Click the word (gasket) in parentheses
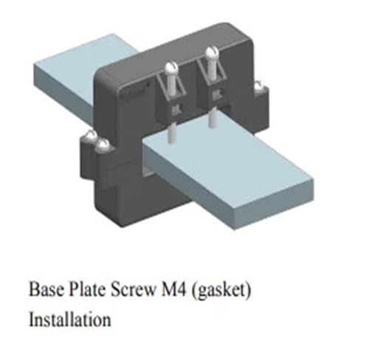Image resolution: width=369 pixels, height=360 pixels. point(221,290)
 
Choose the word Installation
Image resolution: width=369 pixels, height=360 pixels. point(70,319)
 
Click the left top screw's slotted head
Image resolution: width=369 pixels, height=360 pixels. point(171,69)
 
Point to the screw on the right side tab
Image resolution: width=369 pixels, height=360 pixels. point(258,86)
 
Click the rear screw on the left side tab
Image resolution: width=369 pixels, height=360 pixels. point(92,136)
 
